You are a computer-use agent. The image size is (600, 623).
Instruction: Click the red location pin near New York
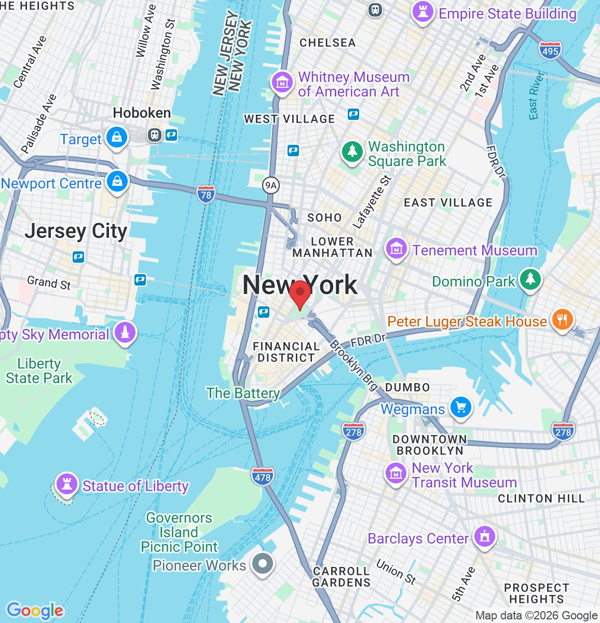pyautogui.click(x=299, y=294)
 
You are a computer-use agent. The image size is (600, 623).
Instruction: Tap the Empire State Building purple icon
pyautogui.click(x=422, y=12)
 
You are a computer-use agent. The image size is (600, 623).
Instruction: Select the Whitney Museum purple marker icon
pyautogui.click(x=282, y=82)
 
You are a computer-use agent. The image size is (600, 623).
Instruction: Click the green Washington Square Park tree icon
pyautogui.click(x=352, y=152)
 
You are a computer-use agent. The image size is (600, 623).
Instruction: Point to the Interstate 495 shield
pyautogui.click(x=550, y=50)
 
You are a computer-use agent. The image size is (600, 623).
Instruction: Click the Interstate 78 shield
pyautogui.click(x=206, y=195)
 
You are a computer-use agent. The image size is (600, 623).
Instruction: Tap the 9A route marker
pyautogui.click(x=270, y=185)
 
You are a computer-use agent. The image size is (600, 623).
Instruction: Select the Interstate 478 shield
pyautogui.click(x=263, y=476)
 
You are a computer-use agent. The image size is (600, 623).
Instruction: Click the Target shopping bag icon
pyautogui.click(x=117, y=138)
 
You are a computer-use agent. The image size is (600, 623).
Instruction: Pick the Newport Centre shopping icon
pyautogui.click(x=117, y=182)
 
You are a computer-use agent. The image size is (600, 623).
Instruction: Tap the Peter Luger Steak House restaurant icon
pyautogui.click(x=562, y=319)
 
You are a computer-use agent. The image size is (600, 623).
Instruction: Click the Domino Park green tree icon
pyautogui.click(x=530, y=279)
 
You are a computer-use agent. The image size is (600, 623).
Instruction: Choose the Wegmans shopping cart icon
pyautogui.click(x=460, y=407)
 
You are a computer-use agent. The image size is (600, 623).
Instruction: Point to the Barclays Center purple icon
pyautogui.click(x=485, y=537)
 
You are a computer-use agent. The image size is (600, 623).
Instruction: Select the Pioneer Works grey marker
pyautogui.click(x=262, y=563)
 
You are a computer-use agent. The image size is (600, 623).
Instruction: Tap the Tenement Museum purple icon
pyautogui.click(x=397, y=248)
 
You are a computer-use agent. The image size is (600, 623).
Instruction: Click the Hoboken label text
pyautogui.click(x=142, y=113)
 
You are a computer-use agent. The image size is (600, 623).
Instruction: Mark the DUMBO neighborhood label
pyautogui.click(x=407, y=387)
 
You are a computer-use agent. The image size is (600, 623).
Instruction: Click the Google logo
pyautogui.click(x=35, y=611)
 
